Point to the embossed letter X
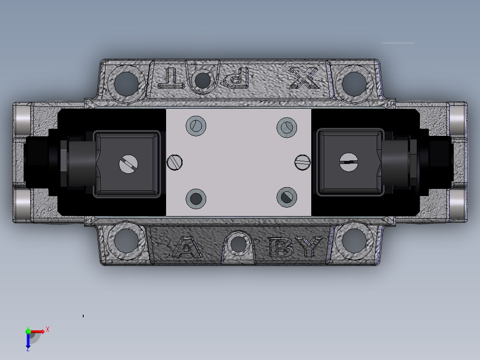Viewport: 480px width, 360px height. coord(305,78)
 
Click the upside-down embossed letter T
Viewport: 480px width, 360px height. coord(172,78)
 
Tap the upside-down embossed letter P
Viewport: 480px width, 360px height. coord(236,77)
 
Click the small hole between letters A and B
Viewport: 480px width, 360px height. coord(239,243)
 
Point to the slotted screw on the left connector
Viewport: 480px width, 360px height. coord(129,165)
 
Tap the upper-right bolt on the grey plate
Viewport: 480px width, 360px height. coord(287,127)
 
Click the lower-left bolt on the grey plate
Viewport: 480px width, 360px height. coord(195,198)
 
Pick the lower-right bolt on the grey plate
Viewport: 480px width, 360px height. coord(287,196)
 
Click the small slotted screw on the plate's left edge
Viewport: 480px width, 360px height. coord(175,162)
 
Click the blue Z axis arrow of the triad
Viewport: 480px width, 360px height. coord(28,342)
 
